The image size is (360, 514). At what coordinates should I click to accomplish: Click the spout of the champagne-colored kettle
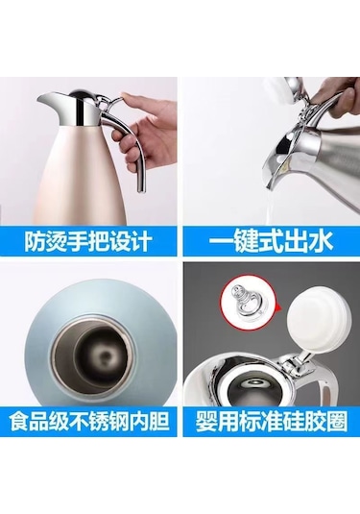click(x=48, y=101)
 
